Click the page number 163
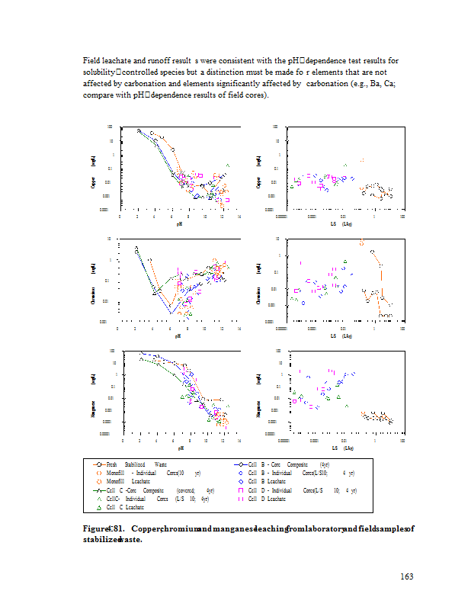406,576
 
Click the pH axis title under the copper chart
180,224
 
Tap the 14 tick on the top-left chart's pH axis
239,217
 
